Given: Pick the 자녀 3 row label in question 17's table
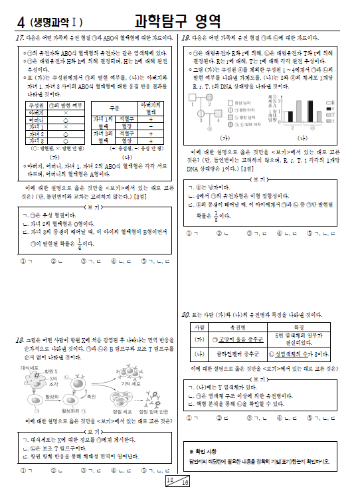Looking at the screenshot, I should tap(36, 141).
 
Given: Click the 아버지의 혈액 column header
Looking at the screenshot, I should tap(150, 107).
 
